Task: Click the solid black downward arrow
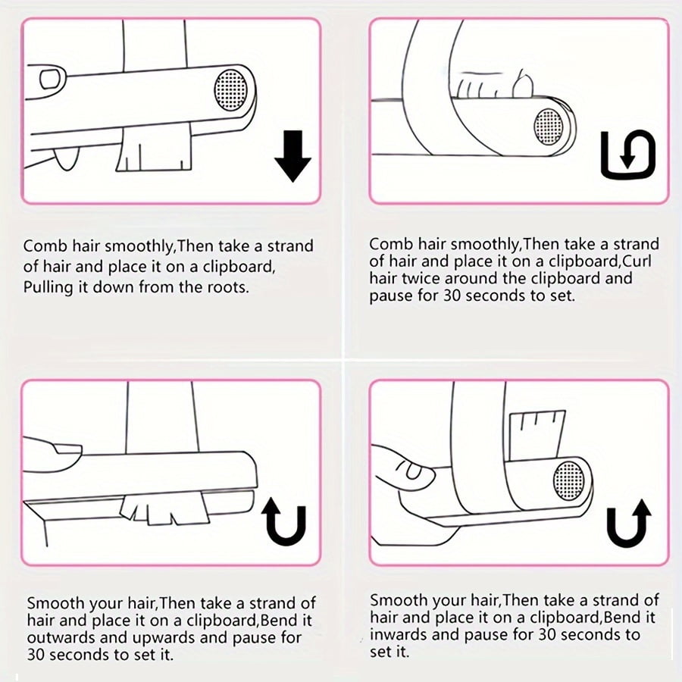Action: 293,155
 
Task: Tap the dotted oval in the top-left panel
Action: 231,90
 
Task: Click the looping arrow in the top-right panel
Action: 627,154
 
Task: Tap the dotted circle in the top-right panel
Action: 548,127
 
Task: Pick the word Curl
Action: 637,261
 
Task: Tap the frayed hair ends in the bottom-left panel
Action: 164,509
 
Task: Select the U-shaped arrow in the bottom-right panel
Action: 629,523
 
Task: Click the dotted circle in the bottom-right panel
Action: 569,480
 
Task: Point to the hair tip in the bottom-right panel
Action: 537,434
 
